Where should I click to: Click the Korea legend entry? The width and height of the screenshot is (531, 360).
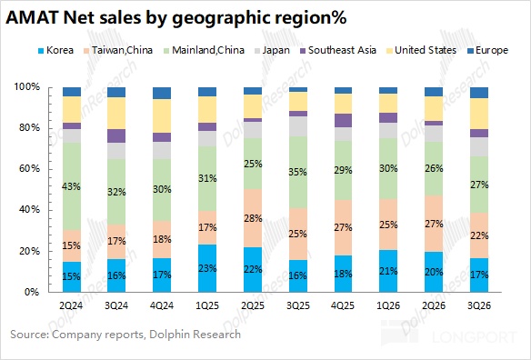[55, 51]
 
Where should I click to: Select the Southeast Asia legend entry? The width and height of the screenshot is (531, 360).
[338, 51]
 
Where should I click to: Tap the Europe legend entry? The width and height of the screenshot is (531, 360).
[487, 51]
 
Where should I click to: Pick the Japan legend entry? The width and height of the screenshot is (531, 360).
[272, 51]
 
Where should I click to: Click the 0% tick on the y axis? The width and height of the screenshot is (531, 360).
[32, 292]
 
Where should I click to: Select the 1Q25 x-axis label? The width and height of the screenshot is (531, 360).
[207, 305]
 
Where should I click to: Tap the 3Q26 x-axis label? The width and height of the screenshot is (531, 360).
[479, 305]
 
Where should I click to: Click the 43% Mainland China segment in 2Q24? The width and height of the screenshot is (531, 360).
[72, 186]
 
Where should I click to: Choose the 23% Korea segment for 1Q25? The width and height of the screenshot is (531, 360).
[207, 268]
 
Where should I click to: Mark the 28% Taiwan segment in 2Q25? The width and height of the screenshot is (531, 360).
[253, 218]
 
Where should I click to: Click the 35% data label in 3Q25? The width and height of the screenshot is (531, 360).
[297, 172]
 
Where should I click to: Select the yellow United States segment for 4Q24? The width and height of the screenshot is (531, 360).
[162, 115]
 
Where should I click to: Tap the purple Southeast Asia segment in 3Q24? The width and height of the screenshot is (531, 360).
[116, 135]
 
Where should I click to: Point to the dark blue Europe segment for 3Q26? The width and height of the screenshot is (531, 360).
[479, 93]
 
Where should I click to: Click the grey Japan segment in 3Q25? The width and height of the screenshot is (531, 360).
[298, 126]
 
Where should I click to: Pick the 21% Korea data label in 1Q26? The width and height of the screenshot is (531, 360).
[388, 271]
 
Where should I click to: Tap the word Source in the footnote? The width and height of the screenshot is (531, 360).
[29, 335]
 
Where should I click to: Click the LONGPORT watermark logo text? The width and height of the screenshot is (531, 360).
[475, 337]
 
